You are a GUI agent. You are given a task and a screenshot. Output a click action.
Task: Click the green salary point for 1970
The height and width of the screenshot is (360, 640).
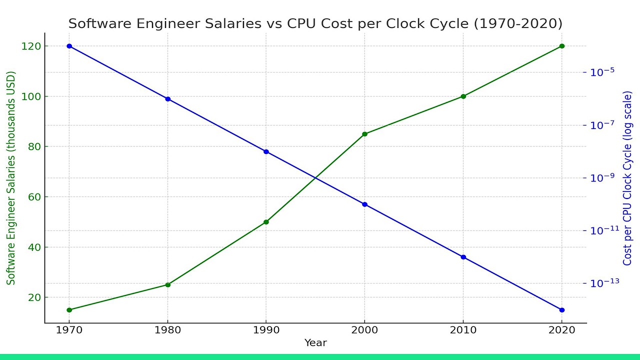[x=69, y=310]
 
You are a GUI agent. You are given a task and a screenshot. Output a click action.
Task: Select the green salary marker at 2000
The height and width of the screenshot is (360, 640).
[x=364, y=134]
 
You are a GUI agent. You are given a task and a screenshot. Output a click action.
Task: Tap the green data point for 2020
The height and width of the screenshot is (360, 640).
[x=561, y=46]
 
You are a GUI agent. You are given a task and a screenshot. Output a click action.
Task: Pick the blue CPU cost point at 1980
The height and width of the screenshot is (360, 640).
[x=167, y=99]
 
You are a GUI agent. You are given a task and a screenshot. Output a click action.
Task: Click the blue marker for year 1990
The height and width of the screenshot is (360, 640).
[x=266, y=151]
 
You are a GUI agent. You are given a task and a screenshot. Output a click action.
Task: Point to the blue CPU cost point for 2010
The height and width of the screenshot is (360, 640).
[x=463, y=257]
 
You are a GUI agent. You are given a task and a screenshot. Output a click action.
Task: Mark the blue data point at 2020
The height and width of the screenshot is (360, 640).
[x=561, y=310]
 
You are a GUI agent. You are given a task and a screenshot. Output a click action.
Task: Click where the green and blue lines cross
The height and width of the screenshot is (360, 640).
[x=315, y=178]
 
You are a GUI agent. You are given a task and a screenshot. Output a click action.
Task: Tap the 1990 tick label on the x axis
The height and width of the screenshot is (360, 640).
[x=266, y=330]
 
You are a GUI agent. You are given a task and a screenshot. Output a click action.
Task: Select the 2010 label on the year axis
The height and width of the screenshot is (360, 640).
[x=463, y=330]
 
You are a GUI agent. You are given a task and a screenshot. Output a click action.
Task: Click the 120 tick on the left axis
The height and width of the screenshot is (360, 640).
[x=31, y=46]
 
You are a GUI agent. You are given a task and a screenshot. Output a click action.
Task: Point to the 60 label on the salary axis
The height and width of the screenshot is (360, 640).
[x=34, y=197]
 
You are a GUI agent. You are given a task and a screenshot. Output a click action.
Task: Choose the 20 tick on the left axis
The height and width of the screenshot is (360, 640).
[x=34, y=297]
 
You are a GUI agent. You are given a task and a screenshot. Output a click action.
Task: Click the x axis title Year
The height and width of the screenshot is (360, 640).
[x=315, y=342]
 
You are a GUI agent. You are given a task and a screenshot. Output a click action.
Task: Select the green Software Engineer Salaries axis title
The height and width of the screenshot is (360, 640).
[x=11, y=178]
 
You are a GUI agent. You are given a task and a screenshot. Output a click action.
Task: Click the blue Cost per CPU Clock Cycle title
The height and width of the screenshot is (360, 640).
[x=627, y=178]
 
